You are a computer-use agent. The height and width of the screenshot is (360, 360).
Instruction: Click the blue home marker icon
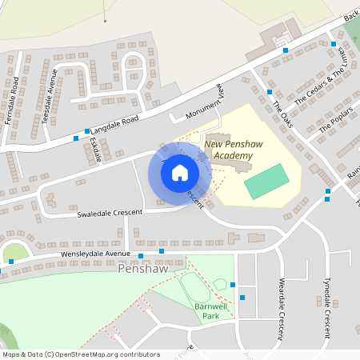pyautogui.click(x=180, y=172)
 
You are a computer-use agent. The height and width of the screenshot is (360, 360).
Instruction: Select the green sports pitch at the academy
pyautogui.click(x=266, y=182)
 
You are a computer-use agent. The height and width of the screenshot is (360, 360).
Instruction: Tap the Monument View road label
pyautogui.click(x=202, y=105)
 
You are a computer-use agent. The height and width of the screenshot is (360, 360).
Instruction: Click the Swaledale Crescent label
pyautogui.click(x=109, y=213)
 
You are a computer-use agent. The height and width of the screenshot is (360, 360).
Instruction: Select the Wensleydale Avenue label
pyautogui.click(x=95, y=254)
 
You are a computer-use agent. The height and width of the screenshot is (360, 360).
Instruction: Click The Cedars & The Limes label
pyautogui.click(x=323, y=80)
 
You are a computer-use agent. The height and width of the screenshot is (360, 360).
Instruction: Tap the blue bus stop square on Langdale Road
pyautogui.click(x=76, y=138)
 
